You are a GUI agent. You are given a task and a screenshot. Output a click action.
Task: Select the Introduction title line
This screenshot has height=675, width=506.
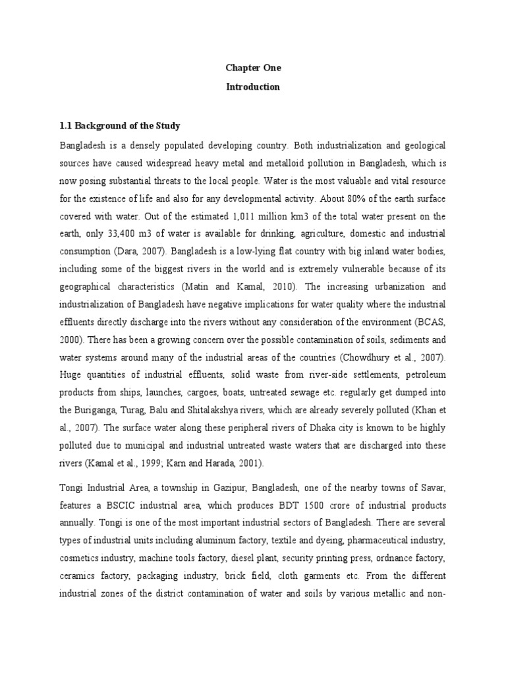pyautogui.click(x=253, y=86)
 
